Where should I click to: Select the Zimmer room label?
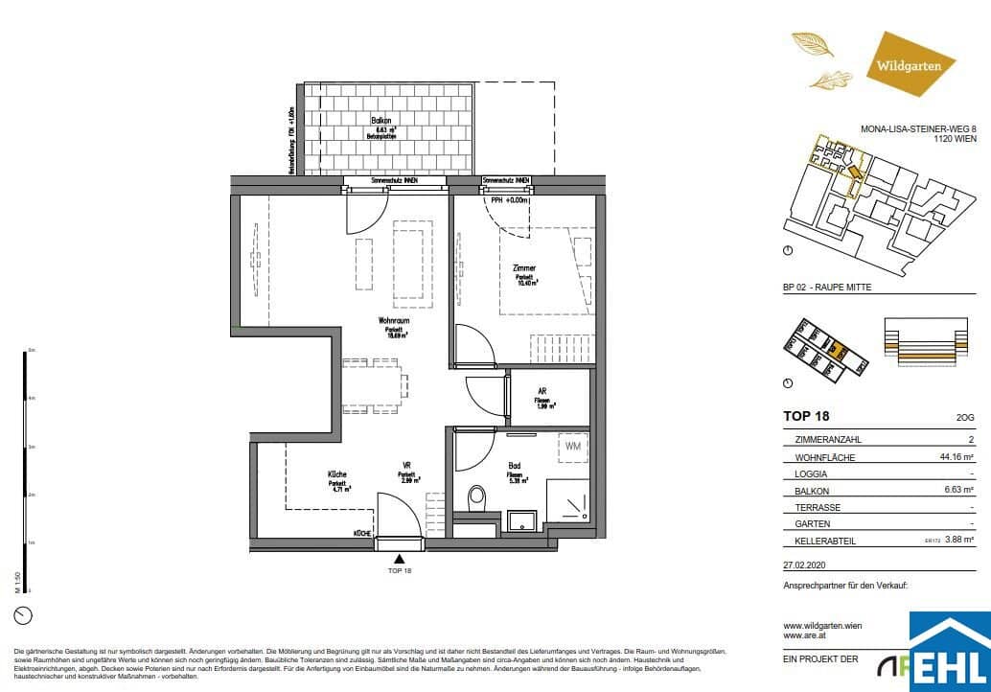523,269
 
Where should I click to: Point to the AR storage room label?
542,391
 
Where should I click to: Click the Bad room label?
515,466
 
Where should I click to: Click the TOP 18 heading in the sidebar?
806,416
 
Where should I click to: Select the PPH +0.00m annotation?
510,200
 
